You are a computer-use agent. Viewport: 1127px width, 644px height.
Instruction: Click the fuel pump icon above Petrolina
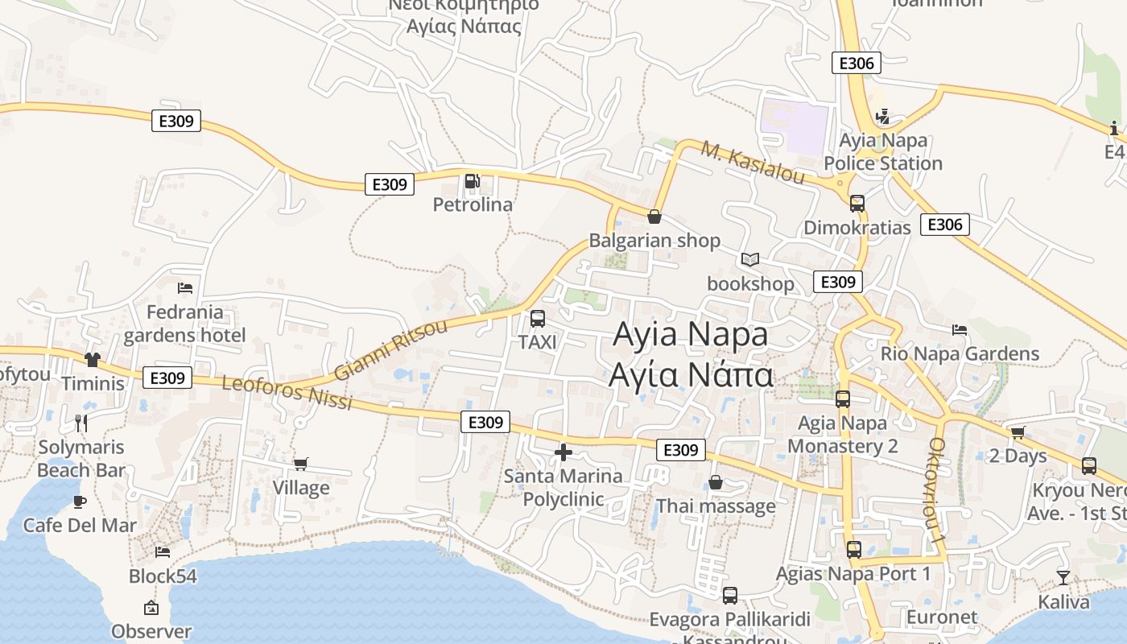[473, 181]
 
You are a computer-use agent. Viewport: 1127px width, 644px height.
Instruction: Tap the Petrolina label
[473, 204]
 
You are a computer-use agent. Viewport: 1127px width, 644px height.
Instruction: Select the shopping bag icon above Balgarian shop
[654, 217]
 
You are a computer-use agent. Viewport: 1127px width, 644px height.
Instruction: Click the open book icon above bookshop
[750, 259]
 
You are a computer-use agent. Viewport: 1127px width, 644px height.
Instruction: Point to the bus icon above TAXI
[538, 318]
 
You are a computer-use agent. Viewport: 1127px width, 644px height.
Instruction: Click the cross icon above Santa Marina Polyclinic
[563, 452]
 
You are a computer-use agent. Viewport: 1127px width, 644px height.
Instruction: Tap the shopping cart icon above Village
[301, 464]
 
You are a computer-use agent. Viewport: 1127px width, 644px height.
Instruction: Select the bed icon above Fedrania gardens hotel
[185, 287]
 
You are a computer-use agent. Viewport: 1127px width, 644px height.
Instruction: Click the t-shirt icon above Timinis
[93, 359]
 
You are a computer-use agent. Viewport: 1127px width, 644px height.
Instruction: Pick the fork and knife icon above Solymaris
[80, 423]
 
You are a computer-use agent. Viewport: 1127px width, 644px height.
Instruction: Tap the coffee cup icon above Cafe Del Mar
[80, 502]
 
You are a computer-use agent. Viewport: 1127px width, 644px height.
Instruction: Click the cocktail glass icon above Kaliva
[1063, 577]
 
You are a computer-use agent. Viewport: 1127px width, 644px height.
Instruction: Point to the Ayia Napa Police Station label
[883, 151]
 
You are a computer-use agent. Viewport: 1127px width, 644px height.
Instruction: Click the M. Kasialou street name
[753, 163]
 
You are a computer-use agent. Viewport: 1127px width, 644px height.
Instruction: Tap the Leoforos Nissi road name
[287, 392]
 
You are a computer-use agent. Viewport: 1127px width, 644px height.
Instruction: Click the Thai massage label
[716, 506]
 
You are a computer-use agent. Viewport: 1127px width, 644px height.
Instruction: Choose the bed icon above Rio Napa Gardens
[959, 329]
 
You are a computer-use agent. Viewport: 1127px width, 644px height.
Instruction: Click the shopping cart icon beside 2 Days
[1018, 432]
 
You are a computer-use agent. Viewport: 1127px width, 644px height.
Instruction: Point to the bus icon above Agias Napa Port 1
[854, 550]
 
